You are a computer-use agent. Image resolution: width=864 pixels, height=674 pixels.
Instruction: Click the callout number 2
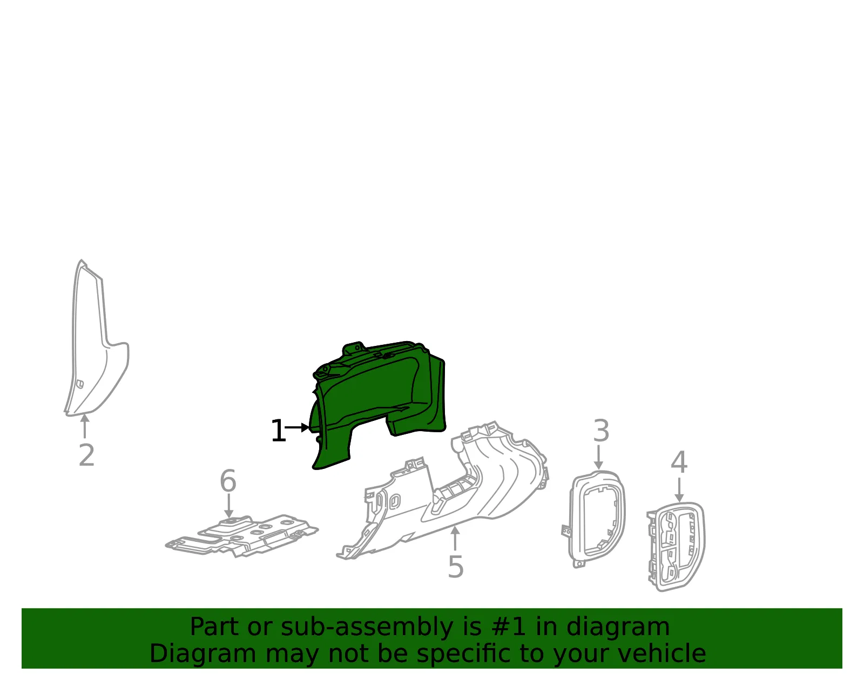pyautogui.click(x=87, y=455)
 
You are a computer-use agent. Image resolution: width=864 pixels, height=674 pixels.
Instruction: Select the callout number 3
pyautogui.click(x=601, y=431)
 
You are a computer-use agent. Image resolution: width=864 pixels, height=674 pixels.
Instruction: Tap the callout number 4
pyautogui.click(x=679, y=462)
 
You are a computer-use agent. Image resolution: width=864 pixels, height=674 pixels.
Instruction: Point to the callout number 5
pyautogui.click(x=456, y=567)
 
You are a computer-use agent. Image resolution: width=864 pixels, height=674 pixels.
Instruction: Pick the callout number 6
pyautogui.click(x=228, y=481)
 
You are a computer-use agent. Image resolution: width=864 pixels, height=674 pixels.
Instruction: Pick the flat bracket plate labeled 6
pyautogui.click(x=241, y=536)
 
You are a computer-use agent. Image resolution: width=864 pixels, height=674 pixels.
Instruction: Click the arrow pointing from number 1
pyautogui.click(x=297, y=427)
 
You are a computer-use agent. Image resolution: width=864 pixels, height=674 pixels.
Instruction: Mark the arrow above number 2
pyautogui.click(x=85, y=426)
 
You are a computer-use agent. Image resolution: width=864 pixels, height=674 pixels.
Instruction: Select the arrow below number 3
pyautogui.click(x=598, y=457)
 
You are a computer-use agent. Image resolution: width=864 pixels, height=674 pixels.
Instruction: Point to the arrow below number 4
pyautogui.click(x=679, y=489)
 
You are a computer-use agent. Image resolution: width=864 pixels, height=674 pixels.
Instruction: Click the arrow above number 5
pyautogui.click(x=455, y=538)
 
